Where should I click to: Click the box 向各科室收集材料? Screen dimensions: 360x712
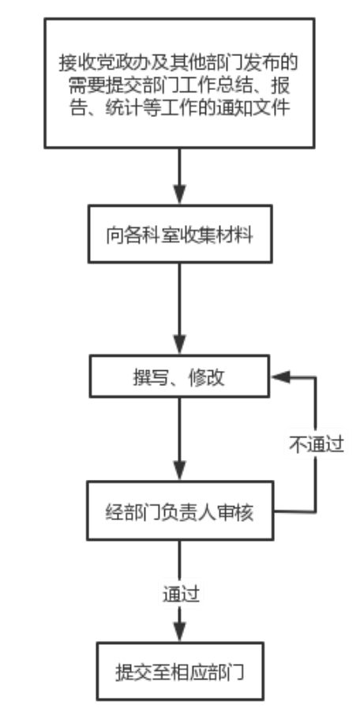(180, 234)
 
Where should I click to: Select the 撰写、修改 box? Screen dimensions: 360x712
(179, 377)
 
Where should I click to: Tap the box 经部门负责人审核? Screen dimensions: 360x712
(180, 511)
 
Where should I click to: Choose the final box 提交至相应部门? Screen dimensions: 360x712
(180, 671)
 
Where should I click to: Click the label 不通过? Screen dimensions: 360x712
(317, 445)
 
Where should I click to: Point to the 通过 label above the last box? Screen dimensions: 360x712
(181, 594)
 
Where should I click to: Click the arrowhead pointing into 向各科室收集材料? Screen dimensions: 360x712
(180, 194)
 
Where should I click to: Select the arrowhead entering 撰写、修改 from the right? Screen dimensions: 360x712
(280, 377)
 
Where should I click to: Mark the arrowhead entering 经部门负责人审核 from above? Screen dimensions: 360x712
(180, 471)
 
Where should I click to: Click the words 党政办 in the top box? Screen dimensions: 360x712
(104, 62)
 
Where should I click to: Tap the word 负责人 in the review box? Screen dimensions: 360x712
(189, 512)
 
